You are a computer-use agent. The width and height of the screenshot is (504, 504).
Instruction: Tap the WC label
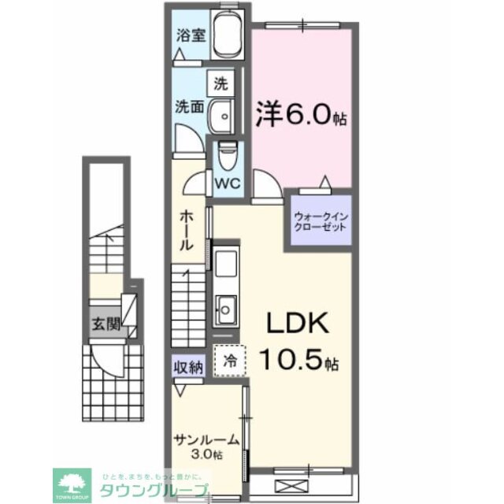tap(228, 183)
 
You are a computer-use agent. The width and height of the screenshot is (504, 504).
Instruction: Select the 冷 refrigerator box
tap(230, 361)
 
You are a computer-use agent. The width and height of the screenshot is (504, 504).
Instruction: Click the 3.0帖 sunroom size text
tap(206, 456)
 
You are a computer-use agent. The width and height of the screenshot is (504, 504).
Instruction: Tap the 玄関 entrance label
tap(105, 324)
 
